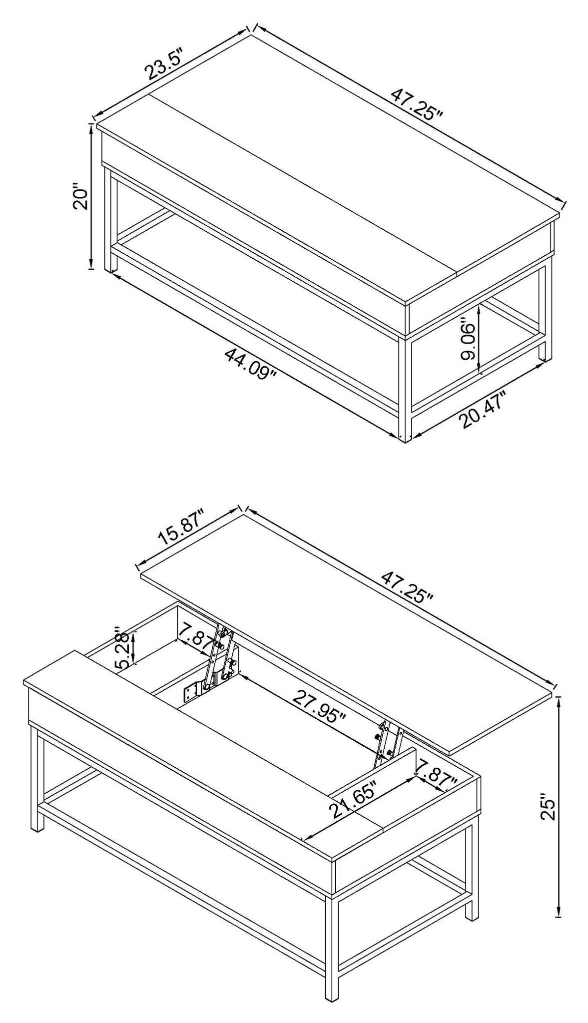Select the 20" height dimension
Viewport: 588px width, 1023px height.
point(80,199)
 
